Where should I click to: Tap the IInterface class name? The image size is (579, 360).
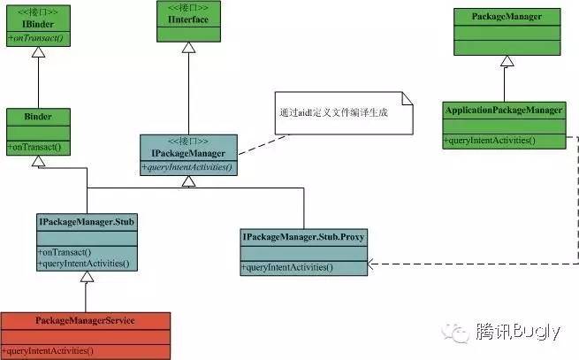tap(187, 19)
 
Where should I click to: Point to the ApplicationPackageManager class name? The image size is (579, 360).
tap(504, 111)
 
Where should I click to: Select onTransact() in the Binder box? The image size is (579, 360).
tap(33, 145)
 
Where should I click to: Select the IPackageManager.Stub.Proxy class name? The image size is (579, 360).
tap(304, 237)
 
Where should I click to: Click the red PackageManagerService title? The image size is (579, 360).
tap(85, 319)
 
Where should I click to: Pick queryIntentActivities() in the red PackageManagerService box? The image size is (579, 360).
tap(49, 350)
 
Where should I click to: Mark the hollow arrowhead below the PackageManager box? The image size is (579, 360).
tap(506, 61)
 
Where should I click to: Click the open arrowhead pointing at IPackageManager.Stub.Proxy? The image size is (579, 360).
tap(372, 264)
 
